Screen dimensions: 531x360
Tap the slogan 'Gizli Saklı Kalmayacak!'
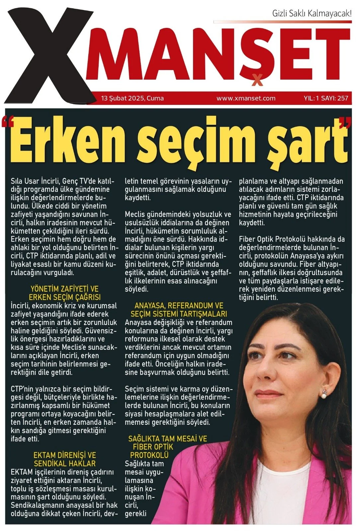point(312,14)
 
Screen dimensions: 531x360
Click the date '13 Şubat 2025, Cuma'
point(133,98)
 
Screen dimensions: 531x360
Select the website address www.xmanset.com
point(246,98)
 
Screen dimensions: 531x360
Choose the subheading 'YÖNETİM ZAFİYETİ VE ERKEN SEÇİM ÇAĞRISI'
point(64,293)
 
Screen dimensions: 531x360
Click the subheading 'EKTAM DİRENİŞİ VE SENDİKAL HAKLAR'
point(64,459)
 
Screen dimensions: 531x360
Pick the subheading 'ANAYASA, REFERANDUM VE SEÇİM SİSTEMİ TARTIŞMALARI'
point(179,310)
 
